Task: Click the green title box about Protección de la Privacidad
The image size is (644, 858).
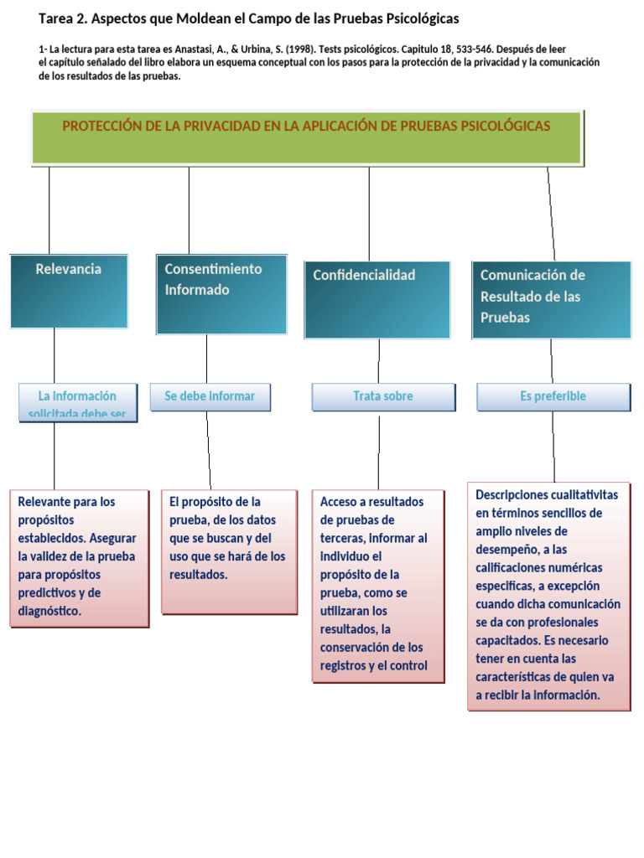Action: click(306, 137)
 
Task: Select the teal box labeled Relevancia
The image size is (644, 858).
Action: click(69, 291)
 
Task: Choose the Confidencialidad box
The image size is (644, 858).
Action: click(377, 299)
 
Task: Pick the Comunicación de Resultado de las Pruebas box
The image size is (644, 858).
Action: click(551, 299)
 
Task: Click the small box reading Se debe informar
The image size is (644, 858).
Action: click(210, 396)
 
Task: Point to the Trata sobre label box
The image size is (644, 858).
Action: click(382, 396)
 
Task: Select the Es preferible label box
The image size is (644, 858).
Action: click(553, 396)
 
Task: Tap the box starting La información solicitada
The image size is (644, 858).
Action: click(77, 403)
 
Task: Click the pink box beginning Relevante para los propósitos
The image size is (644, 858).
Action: click(79, 556)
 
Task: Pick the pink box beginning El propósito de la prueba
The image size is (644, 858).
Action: click(228, 551)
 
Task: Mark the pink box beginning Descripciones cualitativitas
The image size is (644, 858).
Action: click(548, 596)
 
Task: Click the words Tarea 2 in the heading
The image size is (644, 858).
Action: click(62, 18)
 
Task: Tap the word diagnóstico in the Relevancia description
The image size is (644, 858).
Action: click(49, 611)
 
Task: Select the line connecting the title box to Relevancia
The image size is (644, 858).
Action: click(49, 209)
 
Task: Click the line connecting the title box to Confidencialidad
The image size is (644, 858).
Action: click(369, 213)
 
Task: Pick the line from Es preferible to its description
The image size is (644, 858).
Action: click(553, 446)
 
